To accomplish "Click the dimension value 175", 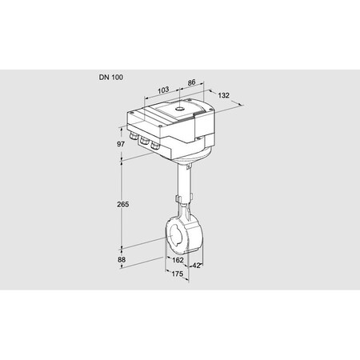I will click(x=178, y=273).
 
